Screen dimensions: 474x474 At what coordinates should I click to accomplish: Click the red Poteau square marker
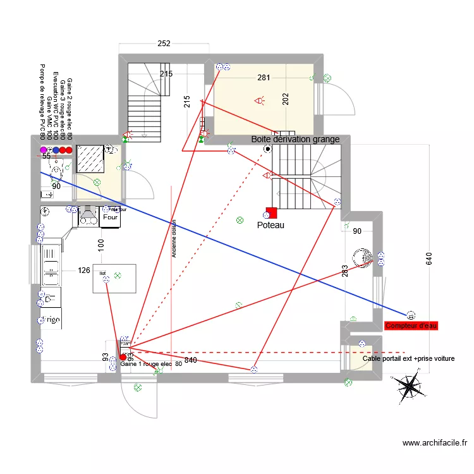[271, 213]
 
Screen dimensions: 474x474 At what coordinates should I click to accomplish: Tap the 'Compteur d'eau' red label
[411, 325]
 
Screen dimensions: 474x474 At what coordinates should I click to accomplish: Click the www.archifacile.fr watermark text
[434, 444]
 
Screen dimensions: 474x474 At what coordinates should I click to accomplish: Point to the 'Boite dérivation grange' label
[295, 139]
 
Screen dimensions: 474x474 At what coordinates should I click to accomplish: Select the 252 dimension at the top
[164, 44]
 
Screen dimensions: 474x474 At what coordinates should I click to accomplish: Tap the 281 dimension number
[264, 78]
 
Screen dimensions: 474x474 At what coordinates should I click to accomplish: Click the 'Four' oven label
[111, 217]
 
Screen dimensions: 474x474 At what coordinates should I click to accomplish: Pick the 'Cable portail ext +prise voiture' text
[409, 358]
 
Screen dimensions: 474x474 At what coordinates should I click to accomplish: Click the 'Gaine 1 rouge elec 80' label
[151, 364]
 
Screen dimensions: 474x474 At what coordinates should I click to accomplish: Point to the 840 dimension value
[191, 360]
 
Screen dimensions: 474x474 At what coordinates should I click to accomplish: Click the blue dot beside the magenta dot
[56, 150]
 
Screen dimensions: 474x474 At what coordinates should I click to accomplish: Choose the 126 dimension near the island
[84, 270]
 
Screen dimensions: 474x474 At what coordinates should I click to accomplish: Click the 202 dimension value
[286, 99]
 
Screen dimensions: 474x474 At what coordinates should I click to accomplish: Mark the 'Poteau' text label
[271, 225]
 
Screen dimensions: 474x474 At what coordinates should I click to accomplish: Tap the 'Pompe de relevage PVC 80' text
[42, 102]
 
